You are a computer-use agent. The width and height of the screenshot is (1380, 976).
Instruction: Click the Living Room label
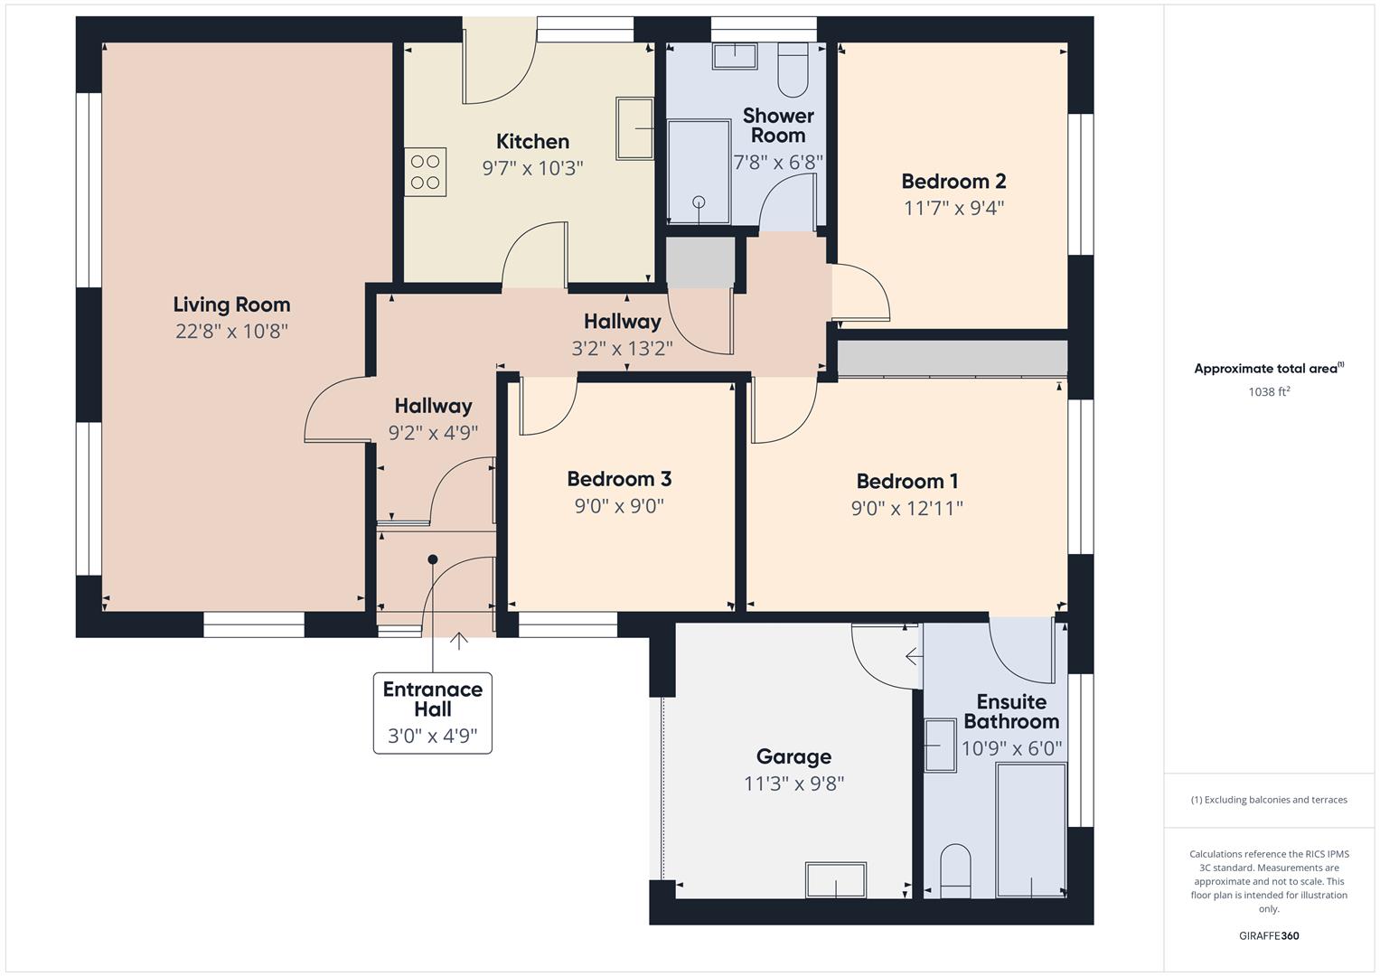click(x=231, y=305)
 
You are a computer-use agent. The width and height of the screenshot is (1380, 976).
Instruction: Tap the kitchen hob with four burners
click(x=426, y=172)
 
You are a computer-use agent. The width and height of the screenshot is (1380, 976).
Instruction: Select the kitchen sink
click(x=635, y=128)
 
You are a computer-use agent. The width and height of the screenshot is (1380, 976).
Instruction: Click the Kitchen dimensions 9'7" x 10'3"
click(x=532, y=167)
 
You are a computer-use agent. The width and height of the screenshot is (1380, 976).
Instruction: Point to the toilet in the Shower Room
click(x=793, y=70)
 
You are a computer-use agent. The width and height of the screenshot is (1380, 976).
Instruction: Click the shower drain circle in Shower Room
click(x=699, y=202)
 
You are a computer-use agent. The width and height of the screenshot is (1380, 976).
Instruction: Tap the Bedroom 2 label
click(x=953, y=181)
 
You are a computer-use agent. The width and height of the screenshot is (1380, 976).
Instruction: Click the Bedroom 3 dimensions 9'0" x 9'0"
click(x=619, y=506)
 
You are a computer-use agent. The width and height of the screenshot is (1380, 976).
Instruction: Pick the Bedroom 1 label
click(x=906, y=481)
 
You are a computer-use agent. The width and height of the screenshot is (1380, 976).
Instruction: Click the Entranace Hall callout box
click(x=433, y=712)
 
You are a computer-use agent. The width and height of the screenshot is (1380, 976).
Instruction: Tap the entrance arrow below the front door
click(x=459, y=641)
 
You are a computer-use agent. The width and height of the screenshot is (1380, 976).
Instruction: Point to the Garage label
click(x=793, y=756)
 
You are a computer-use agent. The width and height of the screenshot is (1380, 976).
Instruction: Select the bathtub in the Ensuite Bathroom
click(x=1030, y=829)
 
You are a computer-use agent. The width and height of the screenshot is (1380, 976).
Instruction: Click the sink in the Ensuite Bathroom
click(x=940, y=746)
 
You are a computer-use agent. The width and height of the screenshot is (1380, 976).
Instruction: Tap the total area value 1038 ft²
click(x=1269, y=391)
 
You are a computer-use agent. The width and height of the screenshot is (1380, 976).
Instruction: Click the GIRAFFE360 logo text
click(x=1269, y=935)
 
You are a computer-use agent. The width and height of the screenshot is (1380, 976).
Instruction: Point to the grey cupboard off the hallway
click(x=700, y=263)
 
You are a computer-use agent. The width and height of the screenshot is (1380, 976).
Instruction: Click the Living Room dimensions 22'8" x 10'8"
click(x=231, y=331)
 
